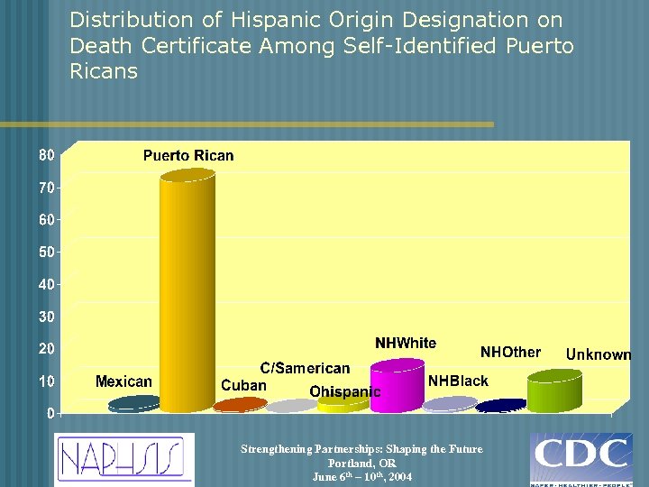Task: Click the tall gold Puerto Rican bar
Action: pos(187,289)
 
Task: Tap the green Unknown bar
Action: pos(554,391)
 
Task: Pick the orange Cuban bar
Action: pos(240,405)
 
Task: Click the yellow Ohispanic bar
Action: pos(343,403)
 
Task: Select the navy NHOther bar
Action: pos(501,406)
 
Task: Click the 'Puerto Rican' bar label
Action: pos(187,156)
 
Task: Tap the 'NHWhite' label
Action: pos(406,344)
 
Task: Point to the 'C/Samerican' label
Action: pos(305,368)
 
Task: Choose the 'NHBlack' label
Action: pos(458,381)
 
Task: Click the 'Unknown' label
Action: pos(599,354)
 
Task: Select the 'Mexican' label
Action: pos(123,381)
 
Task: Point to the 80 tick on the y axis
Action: pos(45,155)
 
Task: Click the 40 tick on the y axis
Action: pos(45,284)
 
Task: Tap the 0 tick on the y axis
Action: pos(50,413)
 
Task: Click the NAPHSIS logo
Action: pos(123,459)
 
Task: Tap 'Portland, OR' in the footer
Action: pos(361,463)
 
